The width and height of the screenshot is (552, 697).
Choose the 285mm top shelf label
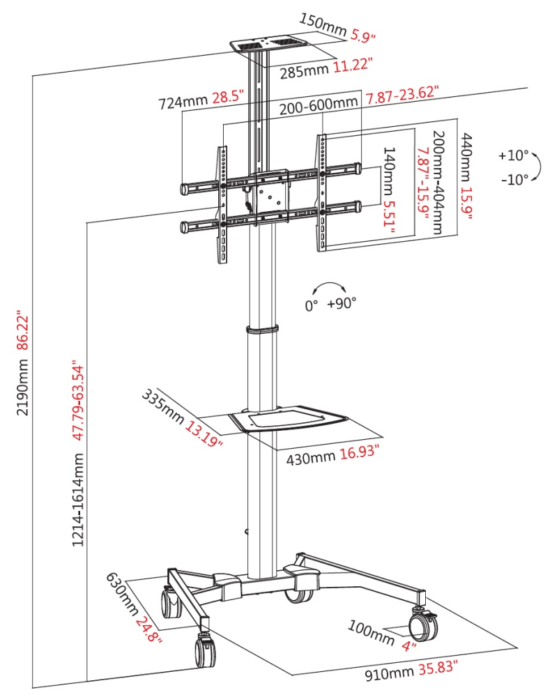[304, 72]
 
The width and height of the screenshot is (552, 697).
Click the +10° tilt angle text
[514, 155]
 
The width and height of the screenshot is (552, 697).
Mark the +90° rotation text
[342, 304]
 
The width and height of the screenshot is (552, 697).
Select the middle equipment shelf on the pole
[289, 420]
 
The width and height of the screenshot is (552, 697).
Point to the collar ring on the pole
[261, 329]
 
